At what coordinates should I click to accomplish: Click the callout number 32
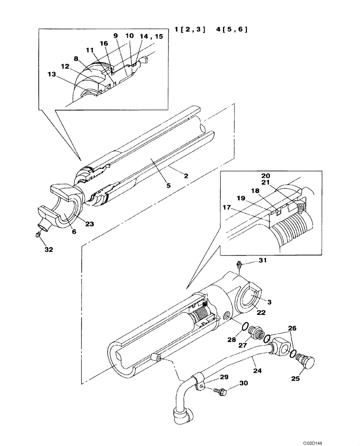click(x=49, y=250)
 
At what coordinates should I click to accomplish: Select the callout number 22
click(x=261, y=313)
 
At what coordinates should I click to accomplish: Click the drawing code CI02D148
click(x=344, y=439)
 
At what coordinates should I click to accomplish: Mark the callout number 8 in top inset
click(x=76, y=58)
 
